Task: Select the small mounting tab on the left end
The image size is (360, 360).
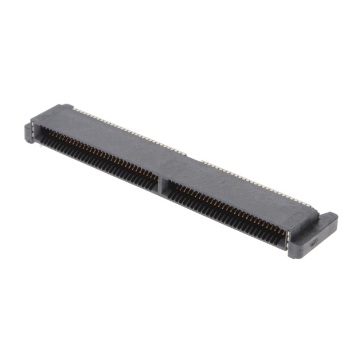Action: point(31,132)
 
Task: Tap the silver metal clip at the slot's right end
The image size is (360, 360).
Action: point(287,240)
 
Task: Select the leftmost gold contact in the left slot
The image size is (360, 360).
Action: point(44,130)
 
